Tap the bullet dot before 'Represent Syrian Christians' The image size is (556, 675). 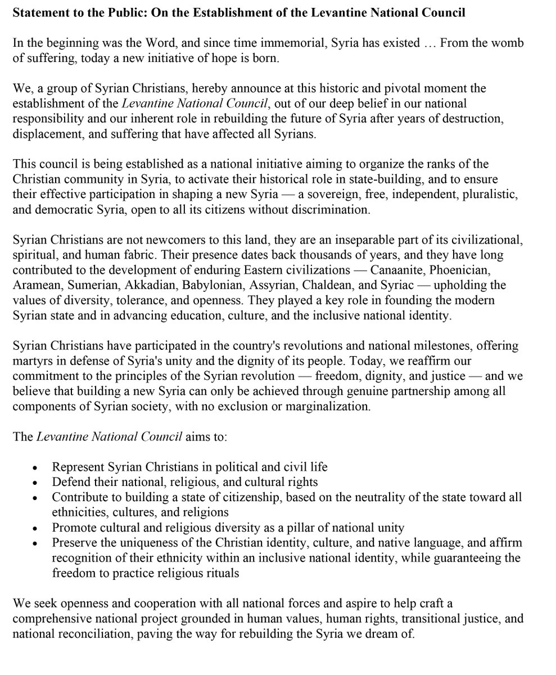point(36,468)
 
